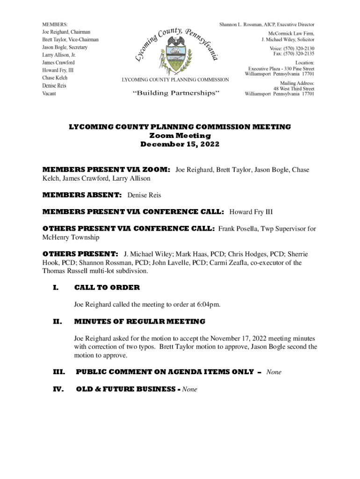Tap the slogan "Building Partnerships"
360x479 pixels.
(176, 93)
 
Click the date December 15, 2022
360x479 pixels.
(180, 145)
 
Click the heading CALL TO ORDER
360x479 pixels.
(107, 288)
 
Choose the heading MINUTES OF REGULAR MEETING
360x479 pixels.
(139, 321)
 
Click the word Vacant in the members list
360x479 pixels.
(50, 94)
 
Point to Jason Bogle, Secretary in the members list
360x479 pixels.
(65, 47)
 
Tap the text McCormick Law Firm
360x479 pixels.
(291, 34)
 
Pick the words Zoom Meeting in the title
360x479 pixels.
(180, 136)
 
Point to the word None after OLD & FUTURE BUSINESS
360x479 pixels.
(190, 389)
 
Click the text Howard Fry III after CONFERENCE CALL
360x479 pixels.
(251, 212)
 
